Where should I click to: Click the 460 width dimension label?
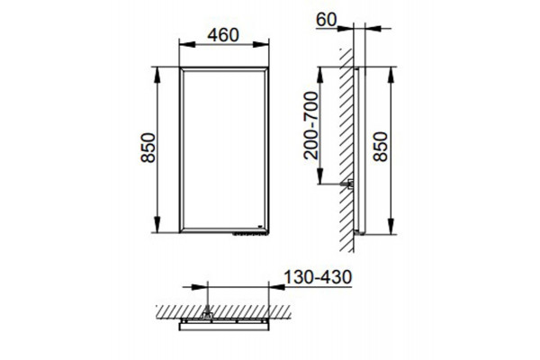(x=223, y=35)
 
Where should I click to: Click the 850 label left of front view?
(x=148, y=148)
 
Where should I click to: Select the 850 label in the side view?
(x=381, y=147)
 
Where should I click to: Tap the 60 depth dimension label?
(x=326, y=20)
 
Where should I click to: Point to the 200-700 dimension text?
(x=311, y=125)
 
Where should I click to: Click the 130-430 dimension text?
(x=318, y=277)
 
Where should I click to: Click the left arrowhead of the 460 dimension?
(x=188, y=44)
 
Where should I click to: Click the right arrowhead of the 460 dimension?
(x=261, y=44)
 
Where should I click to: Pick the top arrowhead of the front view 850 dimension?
(x=157, y=75)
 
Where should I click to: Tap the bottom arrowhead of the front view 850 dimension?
(x=157, y=225)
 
